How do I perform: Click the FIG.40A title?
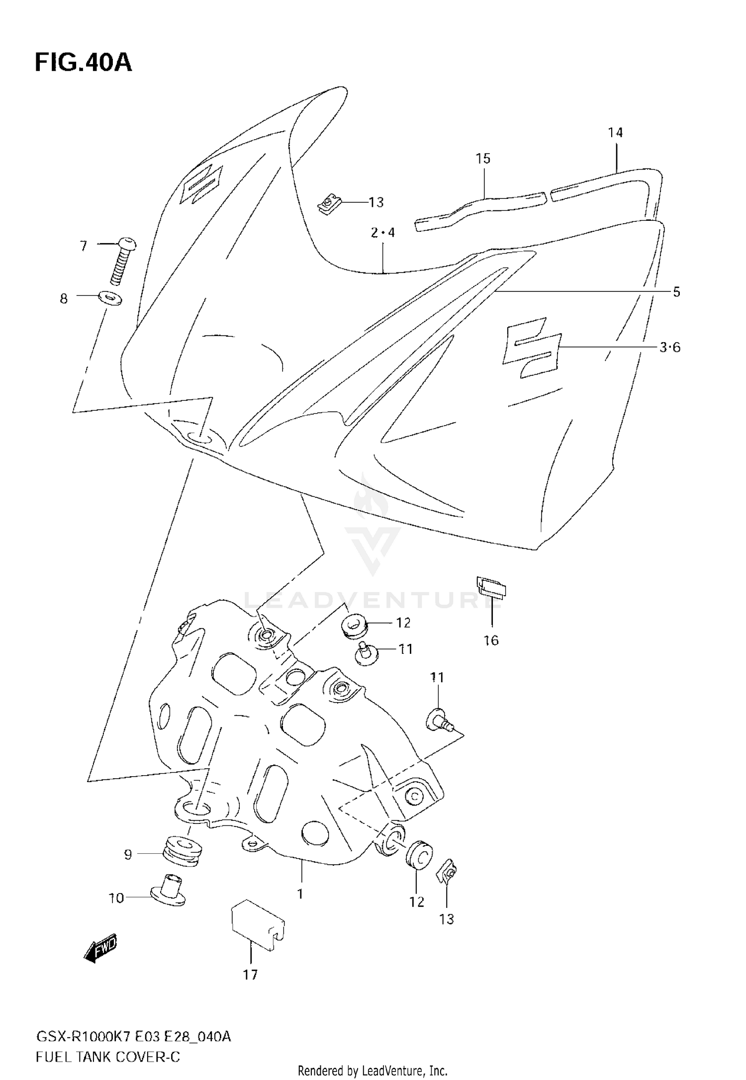coord(83,63)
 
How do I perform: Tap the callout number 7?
coord(83,246)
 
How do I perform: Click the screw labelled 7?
coord(122,262)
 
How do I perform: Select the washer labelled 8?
coord(109,299)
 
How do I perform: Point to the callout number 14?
coord(615,133)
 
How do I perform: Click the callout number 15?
coord(483,159)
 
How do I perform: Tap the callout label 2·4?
coord(382,232)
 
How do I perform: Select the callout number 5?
coord(676,292)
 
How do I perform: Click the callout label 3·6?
coord(670,348)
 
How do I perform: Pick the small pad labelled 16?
coord(491,586)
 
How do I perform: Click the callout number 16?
coord(491,640)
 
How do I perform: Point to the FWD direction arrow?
coord(101,948)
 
